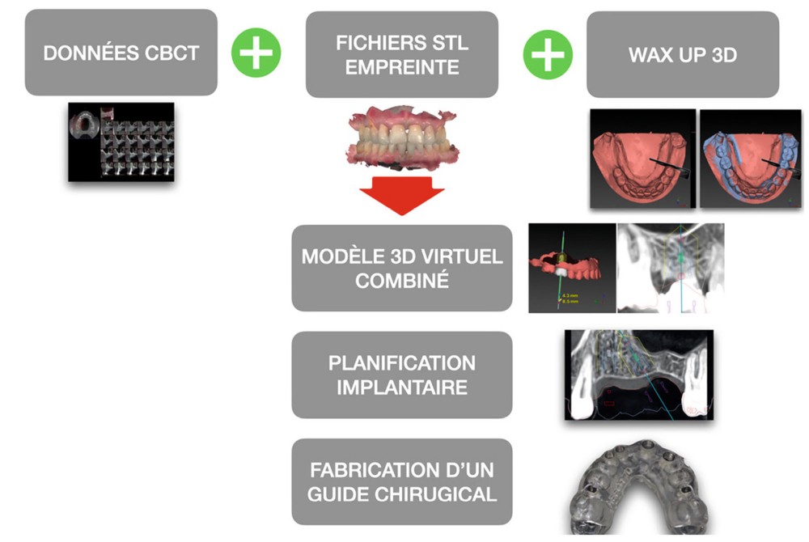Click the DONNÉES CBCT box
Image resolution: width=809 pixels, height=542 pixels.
121,53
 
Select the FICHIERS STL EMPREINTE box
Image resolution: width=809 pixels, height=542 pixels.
401,53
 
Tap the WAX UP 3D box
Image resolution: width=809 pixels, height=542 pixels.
682,53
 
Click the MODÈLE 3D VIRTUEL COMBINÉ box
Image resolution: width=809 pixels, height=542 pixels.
401,268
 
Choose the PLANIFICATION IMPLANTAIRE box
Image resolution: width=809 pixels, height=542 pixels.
401,375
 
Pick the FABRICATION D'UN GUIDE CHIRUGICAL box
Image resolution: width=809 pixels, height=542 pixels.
401,481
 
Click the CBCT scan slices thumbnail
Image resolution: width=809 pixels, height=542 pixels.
121,141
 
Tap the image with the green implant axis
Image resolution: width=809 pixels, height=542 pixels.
570,268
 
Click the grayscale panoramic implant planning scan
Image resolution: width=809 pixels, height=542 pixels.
639,375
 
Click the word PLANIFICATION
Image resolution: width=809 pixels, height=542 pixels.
401,362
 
